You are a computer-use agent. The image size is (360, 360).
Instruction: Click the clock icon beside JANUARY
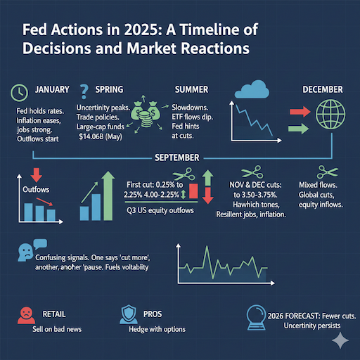[20, 92]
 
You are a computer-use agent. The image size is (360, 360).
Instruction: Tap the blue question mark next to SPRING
[85, 90]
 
